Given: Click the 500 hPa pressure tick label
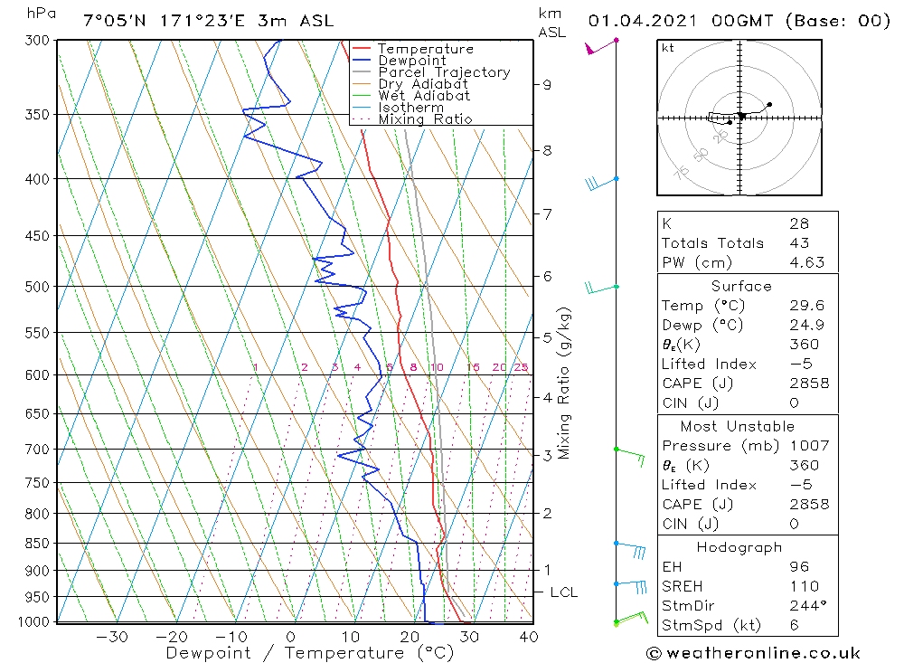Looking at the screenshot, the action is (37, 287).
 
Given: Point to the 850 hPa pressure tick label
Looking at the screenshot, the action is (37, 544).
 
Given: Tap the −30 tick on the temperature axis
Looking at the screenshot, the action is (112, 637).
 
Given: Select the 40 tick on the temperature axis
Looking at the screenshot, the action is (529, 637).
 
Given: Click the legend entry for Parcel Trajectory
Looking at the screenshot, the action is (444, 72).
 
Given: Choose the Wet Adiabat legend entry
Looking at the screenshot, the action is (424, 96).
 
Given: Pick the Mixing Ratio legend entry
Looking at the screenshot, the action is (426, 119).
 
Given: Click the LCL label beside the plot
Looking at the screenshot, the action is (564, 592).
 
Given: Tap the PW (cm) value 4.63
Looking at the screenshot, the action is (807, 262).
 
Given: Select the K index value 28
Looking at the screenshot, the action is (800, 223).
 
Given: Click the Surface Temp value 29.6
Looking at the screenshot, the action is (807, 305).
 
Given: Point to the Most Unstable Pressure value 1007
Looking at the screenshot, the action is (809, 446).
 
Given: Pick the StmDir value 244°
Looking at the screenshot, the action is (808, 606).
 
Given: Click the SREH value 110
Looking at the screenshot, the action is (805, 586).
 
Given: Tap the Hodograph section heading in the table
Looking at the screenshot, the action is (739, 547).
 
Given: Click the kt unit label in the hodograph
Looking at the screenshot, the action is (668, 48).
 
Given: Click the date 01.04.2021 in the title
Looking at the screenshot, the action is (642, 21).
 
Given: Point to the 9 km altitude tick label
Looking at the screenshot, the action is (547, 85).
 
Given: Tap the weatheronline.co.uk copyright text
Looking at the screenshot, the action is (754, 653).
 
